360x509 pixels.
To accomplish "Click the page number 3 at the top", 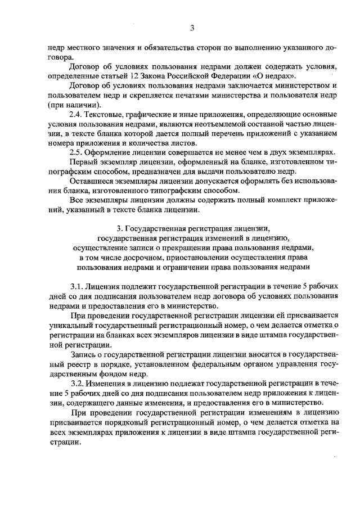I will point(192,28).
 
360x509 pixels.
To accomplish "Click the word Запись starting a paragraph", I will point(83,354).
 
